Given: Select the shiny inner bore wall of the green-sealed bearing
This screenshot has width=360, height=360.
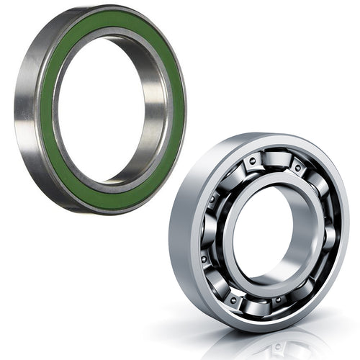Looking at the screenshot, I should coord(155,137).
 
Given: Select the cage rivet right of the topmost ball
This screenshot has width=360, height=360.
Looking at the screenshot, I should coord(297,166).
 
